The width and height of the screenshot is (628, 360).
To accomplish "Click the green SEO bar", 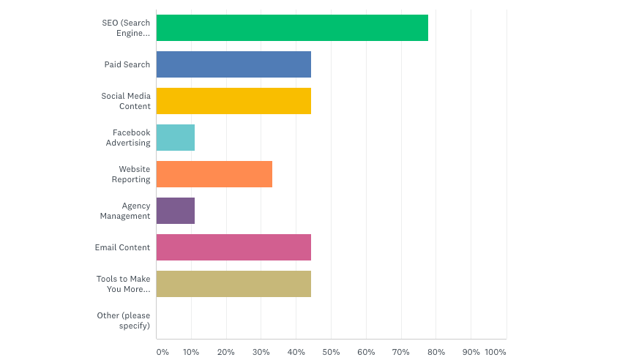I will [x=292, y=28].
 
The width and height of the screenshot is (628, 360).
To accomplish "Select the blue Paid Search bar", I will [x=233, y=64].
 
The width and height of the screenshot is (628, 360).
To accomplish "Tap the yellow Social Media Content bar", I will [x=233, y=101].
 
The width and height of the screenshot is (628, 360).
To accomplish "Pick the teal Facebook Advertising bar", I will [x=176, y=138].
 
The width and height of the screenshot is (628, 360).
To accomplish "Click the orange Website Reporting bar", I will [x=214, y=174].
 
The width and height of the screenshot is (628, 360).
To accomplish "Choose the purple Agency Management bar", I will [x=176, y=211].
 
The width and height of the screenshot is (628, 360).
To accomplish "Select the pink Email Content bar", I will [x=233, y=247].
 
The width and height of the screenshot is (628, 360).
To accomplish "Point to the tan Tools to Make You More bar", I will [x=233, y=284].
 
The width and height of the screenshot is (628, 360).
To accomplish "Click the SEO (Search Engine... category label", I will [x=126, y=28].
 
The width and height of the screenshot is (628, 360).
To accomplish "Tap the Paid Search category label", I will [x=127, y=64].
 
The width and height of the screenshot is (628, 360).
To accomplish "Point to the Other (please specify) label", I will [x=124, y=320].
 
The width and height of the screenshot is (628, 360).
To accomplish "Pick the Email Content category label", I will [x=122, y=247].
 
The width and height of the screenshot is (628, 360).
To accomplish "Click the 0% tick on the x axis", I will [x=162, y=352].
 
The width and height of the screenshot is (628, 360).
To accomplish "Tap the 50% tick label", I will [x=331, y=352].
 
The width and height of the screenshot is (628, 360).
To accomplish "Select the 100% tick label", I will [x=496, y=352].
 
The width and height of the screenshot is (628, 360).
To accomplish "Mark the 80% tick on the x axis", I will [x=436, y=352].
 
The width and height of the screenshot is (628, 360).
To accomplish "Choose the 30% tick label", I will [x=261, y=352].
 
